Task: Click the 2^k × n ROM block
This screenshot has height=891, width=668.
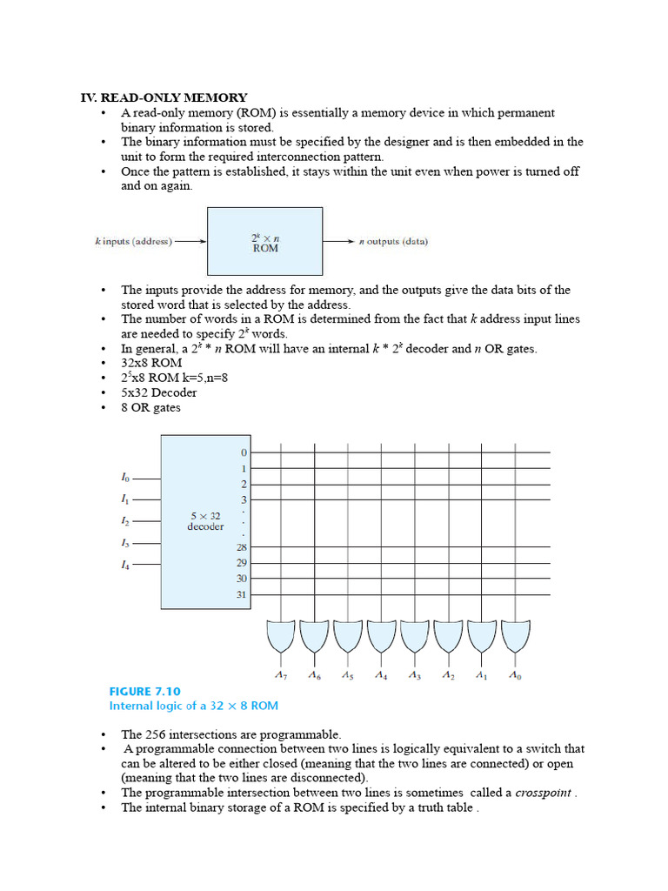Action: pyautogui.click(x=264, y=241)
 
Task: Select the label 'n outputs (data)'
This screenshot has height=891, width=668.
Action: pyautogui.click(x=393, y=241)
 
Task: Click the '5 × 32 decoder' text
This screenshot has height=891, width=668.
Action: pyautogui.click(x=205, y=521)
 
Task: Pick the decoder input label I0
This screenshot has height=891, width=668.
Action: pyautogui.click(x=125, y=478)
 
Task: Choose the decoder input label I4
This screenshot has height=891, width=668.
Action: pyautogui.click(x=125, y=564)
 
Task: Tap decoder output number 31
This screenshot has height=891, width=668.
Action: pyautogui.click(x=241, y=595)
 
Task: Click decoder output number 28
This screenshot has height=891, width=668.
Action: pyautogui.click(x=241, y=547)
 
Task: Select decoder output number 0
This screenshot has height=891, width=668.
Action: pyautogui.click(x=244, y=452)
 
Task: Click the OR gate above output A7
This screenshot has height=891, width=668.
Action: pyautogui.click(x=281, y=637)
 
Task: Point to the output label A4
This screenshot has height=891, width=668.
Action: pyautogui.click(x=381, y=675)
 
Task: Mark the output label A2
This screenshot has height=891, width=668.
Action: pyautogui.click(x=448, y=675)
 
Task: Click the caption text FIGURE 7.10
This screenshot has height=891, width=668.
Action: pyautogui.click(x=144, y=691)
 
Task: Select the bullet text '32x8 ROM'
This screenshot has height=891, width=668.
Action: pyautogui.click(x=151, y=363)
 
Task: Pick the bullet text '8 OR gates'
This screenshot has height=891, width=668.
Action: pyautogui.click(x=150, y=407)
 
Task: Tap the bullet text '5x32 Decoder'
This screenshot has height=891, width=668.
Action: pyautogui.click(x=158, y=392)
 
